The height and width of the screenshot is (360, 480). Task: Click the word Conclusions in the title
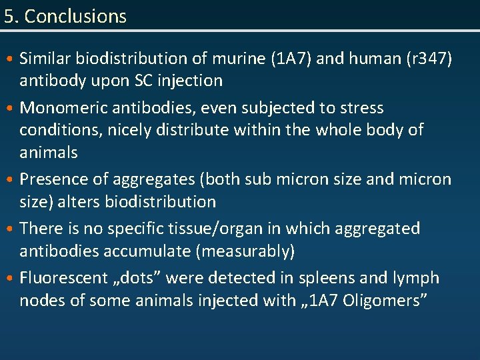click(75, 16)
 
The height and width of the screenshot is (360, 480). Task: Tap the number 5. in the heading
click(11, 16)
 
